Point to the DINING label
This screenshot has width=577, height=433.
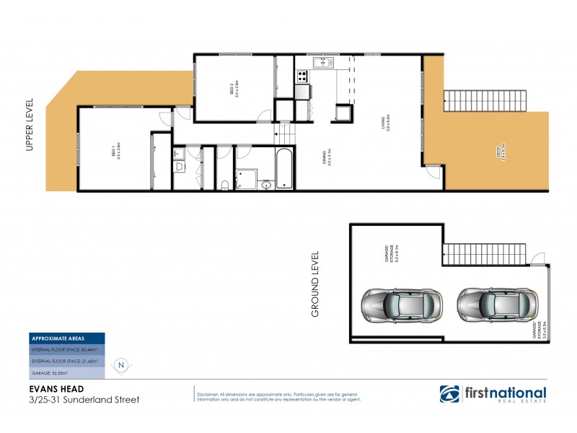tap(327, 156)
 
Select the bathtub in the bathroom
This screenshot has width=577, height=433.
tap(283, 168)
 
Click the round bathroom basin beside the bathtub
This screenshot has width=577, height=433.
tap(266, 185)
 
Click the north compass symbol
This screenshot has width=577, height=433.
tap(121, 364)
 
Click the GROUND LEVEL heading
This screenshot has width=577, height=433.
tap(315, 284)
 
